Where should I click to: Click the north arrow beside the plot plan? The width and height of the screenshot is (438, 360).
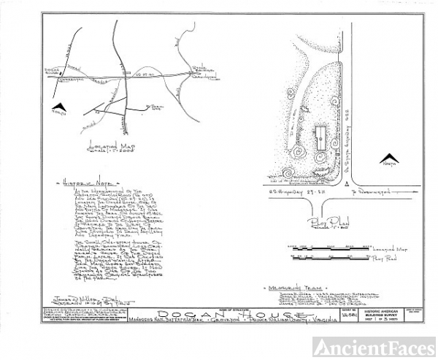pyautogui.click(x=390, y=156)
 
